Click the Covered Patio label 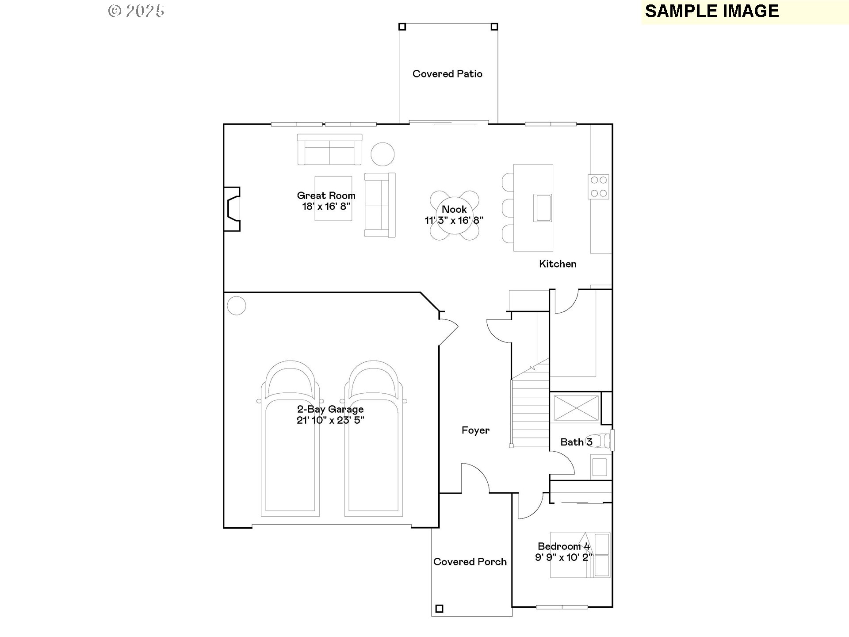point(447,74)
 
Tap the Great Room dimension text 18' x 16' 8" point(326,207)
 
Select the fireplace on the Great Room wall point(233,209)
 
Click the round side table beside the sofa point(382,154)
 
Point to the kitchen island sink point(542,207)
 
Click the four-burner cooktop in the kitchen point(599,187)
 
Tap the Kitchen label point(558,264)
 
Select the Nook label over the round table point(454,209)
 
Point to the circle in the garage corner point(236,306)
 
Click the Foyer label point(475,430)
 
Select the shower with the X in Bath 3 point(576,408)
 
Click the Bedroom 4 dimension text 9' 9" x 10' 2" point(563,557)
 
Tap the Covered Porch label point(470,562)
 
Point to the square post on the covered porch point(439,609)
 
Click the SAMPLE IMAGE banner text point(711,11)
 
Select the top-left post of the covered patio point(402,27)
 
